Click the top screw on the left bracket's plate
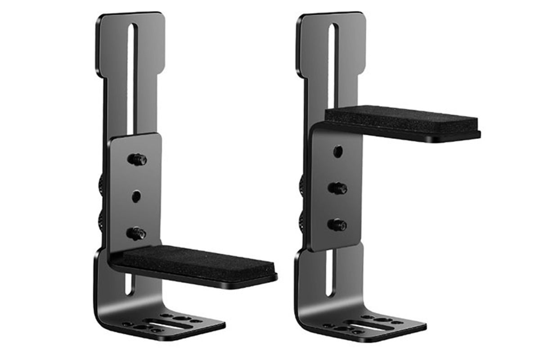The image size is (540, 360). point(138,159)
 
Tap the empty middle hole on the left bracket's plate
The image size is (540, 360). point(136,196)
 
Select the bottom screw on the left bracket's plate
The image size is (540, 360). point(137,233)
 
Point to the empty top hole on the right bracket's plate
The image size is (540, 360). point(337,151)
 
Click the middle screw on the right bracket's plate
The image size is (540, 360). point(338,188)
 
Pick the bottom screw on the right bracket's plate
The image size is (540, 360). point(338,225)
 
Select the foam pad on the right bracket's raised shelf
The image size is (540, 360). point(400,119)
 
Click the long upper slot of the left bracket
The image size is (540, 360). point(130,76)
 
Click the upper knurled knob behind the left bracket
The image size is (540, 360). point(102,182)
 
